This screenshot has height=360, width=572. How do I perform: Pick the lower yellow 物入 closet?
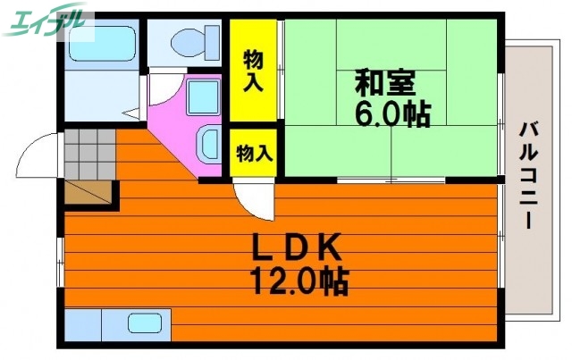pyautogui.click(x=254, y=152)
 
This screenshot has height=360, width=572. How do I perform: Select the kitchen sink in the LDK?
pyautogui.click(x=144, y=322)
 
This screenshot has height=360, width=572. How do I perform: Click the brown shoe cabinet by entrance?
pyautogui.click(x=90, y=193)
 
